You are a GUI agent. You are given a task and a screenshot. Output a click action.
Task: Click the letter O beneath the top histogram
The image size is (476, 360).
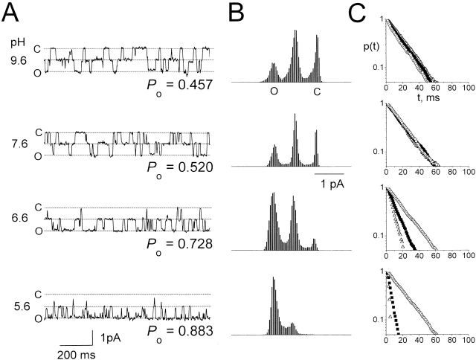click(273, 91)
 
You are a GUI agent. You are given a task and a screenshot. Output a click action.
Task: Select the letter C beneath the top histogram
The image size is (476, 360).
click(318, 91)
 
